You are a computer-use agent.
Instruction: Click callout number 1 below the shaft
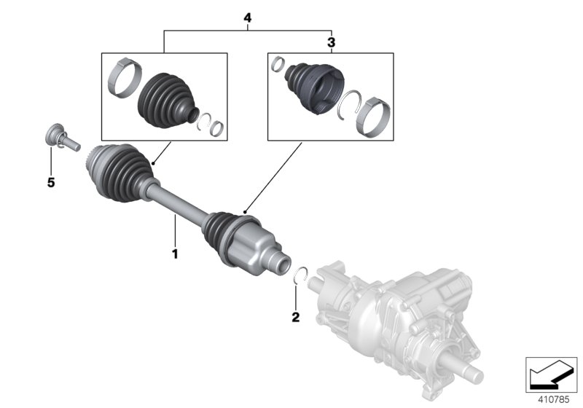(x=175, y=254)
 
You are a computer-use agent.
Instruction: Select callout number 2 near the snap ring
(x=295, y=317)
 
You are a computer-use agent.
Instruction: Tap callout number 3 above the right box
(x=331, y=43)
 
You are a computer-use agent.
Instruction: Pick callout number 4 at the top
(x=248, y=17)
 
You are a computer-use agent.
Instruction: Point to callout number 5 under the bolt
(x=51, y=183)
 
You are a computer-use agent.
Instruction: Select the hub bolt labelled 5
(x=59, y=138)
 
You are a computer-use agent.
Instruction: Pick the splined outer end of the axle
(x=93, y=155)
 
